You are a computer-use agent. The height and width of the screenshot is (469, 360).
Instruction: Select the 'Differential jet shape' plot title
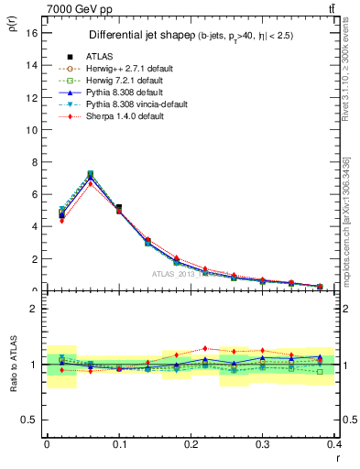click(137, 36)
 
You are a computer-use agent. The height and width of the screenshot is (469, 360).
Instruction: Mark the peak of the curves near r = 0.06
click(90, 174)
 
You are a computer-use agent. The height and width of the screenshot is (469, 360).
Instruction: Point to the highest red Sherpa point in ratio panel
click(205, 348)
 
